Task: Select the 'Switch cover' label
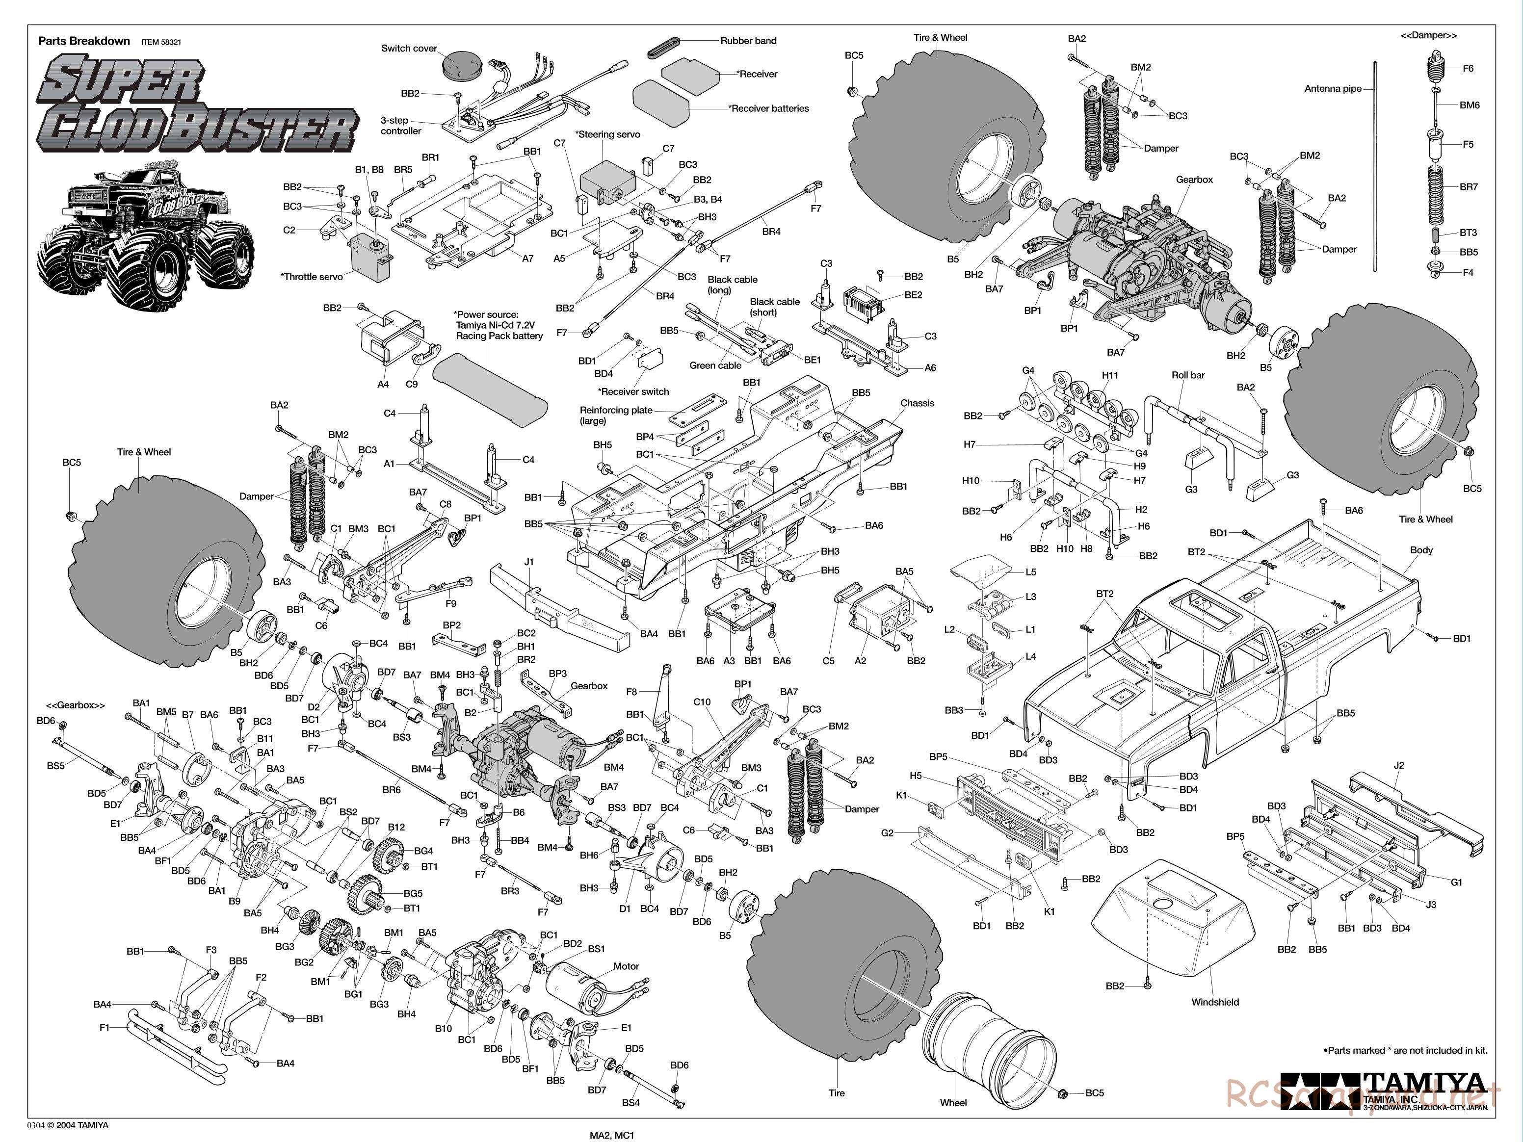pos(409,48)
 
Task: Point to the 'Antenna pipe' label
pos(1332,88)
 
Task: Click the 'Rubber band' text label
pos(748,41)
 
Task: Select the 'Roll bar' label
pos(1188,375)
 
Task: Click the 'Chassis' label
pos(917,403)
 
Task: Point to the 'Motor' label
pos(626,966)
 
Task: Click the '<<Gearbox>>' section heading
pos(76,705)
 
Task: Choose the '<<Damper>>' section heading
pos(1428,35)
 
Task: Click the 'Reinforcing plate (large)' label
pos(616,415)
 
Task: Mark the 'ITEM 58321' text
pos(161,42)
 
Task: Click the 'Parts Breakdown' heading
pos(84,41)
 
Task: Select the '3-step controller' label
pos(401,125)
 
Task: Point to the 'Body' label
pos(1421,550)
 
